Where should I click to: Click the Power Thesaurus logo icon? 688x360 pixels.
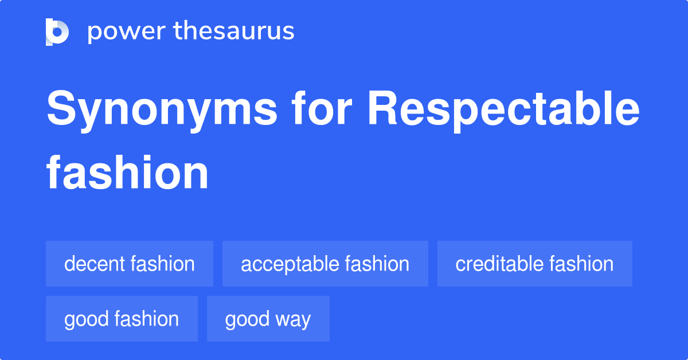tap(57, 32)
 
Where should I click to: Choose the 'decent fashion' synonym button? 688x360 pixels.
tap(130, 264)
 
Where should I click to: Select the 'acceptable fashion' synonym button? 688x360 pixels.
tap(325, 264)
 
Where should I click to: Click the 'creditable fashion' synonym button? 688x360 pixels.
tap(534, 264)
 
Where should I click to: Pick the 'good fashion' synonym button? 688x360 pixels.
tap(122, 319)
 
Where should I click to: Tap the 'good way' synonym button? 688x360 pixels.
tap(268, 319)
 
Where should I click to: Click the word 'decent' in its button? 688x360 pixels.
tap(95, 264)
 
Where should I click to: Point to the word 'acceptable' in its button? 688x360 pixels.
tap(290, 264)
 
